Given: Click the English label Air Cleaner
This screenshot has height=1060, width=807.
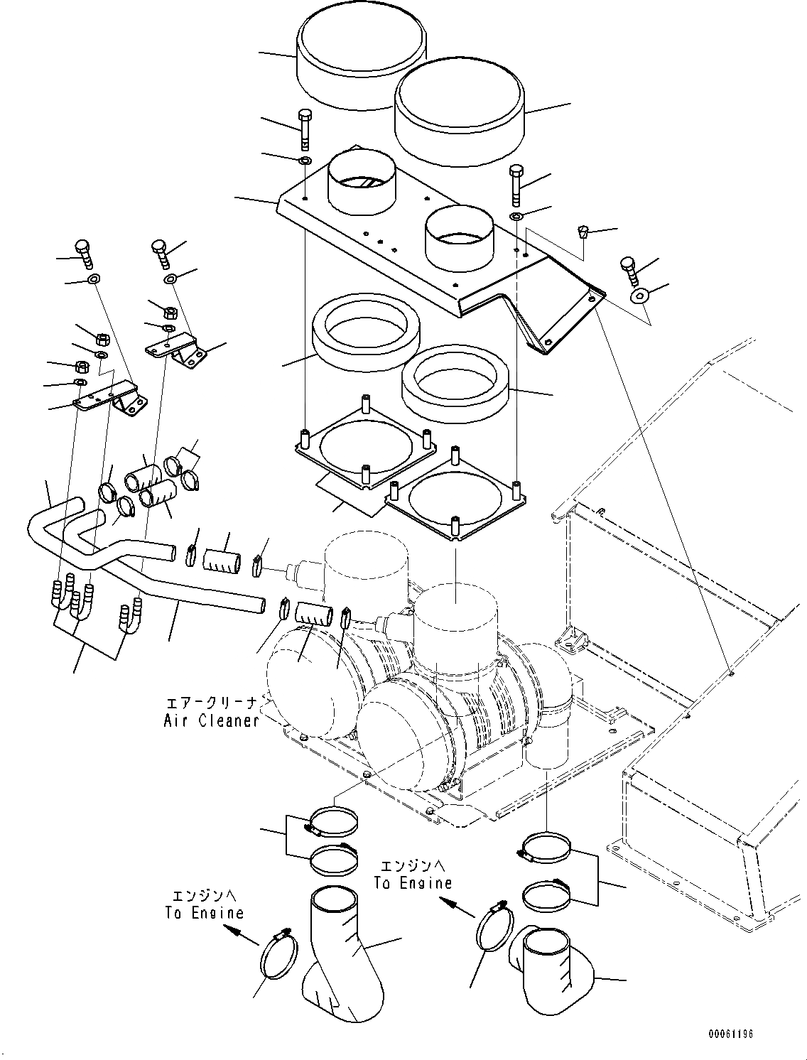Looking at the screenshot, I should [211, 720].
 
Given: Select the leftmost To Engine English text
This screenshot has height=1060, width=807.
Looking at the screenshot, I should [205, 913].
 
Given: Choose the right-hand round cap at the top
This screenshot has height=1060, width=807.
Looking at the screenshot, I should [460, 117].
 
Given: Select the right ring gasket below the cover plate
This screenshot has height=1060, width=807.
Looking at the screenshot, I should [454, 384].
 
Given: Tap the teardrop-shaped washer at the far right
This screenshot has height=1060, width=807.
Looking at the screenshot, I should [640, 296].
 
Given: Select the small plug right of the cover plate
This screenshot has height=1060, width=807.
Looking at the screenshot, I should [583, 230].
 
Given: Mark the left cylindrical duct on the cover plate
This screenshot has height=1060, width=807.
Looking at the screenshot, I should [363, 181].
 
